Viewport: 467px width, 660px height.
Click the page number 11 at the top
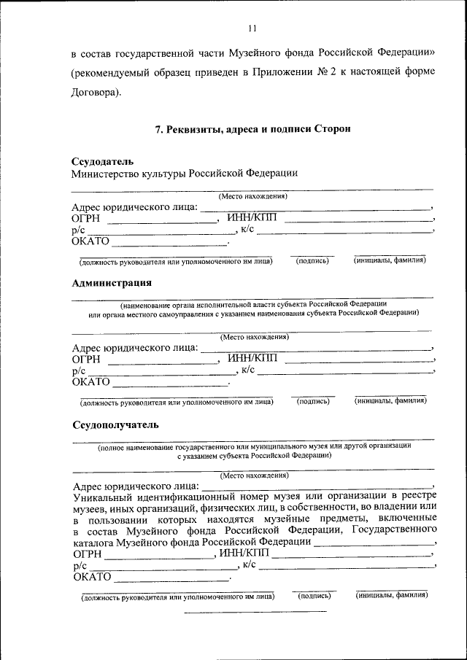[252, 28]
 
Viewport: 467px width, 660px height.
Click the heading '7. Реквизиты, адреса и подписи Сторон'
[253, 129]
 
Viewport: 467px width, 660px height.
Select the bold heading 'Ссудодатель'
[102, 160]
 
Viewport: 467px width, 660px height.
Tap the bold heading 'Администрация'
[112, 282]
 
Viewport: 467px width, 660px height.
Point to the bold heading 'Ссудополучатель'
[115, 424]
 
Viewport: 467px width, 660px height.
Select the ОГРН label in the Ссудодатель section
[86, 218]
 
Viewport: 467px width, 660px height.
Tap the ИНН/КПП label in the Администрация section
[252, 358]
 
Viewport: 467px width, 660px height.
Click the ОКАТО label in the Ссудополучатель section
[93, 576]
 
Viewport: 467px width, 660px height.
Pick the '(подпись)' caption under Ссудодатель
[312, 260]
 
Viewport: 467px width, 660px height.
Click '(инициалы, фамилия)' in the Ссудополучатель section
[392, 595]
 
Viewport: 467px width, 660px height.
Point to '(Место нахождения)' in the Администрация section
[254, 337]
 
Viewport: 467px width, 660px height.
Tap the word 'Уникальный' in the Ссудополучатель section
[104, 496]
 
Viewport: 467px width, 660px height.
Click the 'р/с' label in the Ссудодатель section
[78, 230]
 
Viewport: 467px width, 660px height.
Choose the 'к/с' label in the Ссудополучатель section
[249, 564]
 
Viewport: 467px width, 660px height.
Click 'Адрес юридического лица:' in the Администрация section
[135, 348]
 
